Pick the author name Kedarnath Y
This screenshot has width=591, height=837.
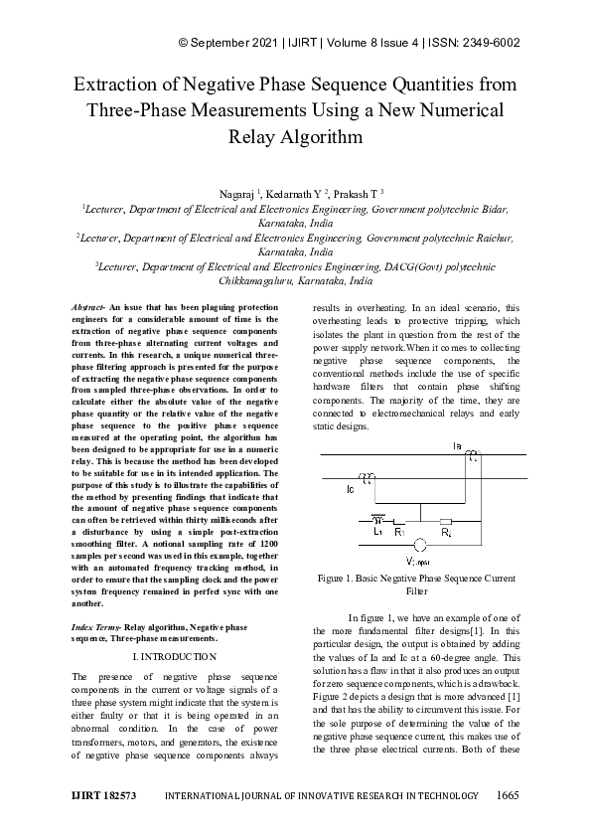[x=302, y=192]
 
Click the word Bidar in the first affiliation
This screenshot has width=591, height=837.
[x=492, y=210]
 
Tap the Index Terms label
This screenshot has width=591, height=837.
[x=95, y=629]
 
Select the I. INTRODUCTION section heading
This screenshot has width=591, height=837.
[x=174, y=657]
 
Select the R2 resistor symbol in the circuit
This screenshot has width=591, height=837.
[x=446, y=521]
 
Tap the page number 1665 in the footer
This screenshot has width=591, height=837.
[x=507, y=796]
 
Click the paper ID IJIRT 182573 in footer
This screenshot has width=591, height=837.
[x=103, y=796]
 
